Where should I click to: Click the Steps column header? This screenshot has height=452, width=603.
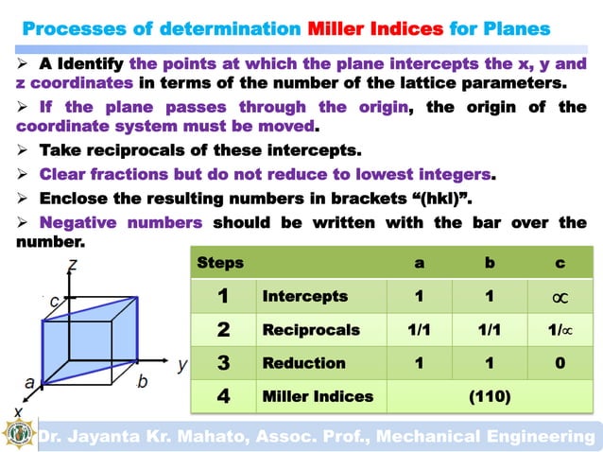219,263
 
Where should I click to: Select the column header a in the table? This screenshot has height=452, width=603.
420,263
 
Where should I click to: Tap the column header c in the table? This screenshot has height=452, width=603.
560,263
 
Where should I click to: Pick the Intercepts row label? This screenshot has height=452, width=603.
304,297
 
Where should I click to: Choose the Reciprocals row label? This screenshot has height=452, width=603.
311,330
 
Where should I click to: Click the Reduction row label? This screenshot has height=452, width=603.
303,363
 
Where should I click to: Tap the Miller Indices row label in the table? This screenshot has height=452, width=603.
318,396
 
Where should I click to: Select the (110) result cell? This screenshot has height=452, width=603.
490,396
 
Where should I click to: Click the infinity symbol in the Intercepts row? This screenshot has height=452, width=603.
560,298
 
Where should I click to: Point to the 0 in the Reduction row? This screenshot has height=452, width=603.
560,363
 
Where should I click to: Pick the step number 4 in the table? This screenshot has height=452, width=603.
222,396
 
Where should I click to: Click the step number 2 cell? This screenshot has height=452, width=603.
222,330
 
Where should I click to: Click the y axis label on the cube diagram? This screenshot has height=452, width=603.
182,362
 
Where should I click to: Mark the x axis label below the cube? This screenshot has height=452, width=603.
18,412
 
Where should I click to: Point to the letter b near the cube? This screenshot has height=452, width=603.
142,381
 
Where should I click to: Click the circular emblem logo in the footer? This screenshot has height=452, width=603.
18,435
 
